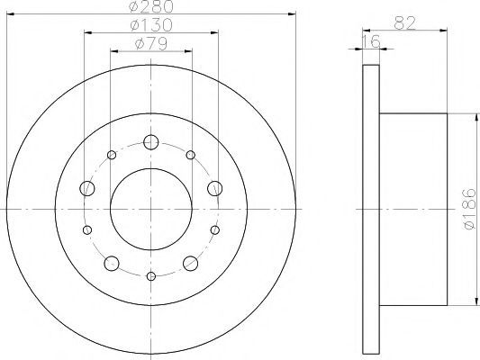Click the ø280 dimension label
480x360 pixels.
(x=151, y=6)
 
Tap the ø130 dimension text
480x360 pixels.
(x=151, y=25)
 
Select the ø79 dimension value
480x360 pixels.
(x=151, y=44)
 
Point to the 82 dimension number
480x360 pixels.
(x=404, y=22)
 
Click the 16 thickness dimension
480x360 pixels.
(x=371, y=41)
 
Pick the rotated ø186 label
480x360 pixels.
(x=470, y=209)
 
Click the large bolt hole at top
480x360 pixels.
(x=151, y=142)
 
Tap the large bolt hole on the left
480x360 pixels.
(x=87, y=188)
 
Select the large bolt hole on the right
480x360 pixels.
(x=215, y=188)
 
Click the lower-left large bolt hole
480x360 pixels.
(x=112, y=264)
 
